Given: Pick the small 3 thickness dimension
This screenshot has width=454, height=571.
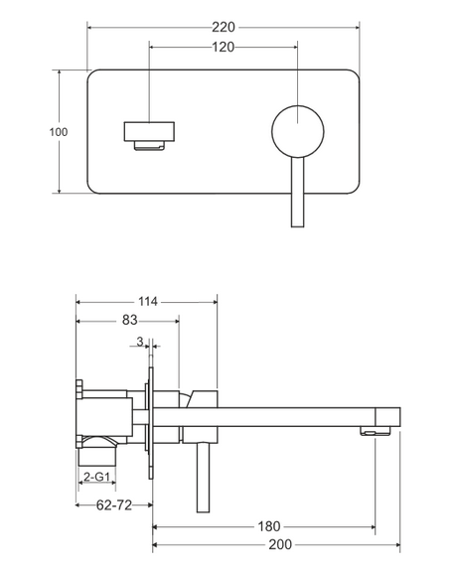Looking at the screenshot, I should click(141, 342).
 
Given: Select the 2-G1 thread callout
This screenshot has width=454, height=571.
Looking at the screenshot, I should click(96, 478).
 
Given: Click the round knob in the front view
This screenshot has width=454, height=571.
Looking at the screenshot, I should click(295, 131).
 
